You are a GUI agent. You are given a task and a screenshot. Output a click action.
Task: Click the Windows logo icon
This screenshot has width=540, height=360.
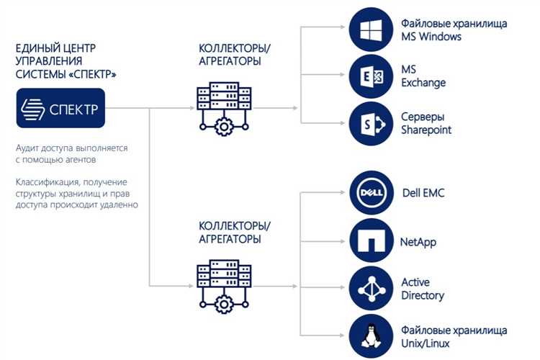(371, 30)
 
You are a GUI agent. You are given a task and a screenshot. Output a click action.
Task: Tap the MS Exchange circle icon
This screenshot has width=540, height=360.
(371, 76)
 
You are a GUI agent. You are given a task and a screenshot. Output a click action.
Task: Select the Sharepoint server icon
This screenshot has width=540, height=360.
(371, 124)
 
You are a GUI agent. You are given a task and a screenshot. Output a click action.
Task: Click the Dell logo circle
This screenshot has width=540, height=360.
(372, 192)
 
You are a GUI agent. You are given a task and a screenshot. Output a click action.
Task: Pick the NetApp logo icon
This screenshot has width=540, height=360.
(372, 240)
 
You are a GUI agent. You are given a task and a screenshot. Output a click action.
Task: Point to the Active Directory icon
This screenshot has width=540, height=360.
(371, 288)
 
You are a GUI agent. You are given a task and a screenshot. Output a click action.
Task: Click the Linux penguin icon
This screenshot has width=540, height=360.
(371, 336)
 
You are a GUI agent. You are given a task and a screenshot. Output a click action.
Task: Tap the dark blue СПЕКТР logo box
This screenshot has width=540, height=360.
(60, 108)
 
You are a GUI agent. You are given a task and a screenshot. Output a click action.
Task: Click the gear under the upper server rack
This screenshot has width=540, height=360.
(224, 127)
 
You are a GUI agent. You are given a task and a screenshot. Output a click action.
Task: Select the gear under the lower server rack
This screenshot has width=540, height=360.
(224, 305)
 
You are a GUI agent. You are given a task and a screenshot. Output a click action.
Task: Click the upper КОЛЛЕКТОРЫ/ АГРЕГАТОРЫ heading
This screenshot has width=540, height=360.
(235, 55)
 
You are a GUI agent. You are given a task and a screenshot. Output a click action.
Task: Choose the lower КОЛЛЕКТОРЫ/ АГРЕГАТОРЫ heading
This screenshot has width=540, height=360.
(235, 232)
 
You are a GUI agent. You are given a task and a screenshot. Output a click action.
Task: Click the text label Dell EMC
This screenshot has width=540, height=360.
(423, 192)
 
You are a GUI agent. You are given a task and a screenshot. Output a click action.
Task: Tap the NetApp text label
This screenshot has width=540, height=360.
(418, 242)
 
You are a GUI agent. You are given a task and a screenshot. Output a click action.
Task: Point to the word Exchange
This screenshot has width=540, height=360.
(423, 83)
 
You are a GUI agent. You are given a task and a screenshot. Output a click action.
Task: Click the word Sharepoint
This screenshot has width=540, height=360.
(426, 130)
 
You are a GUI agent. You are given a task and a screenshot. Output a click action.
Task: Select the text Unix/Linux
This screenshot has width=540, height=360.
(426, 343)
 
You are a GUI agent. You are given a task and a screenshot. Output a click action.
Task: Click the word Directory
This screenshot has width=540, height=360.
(423, 296)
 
